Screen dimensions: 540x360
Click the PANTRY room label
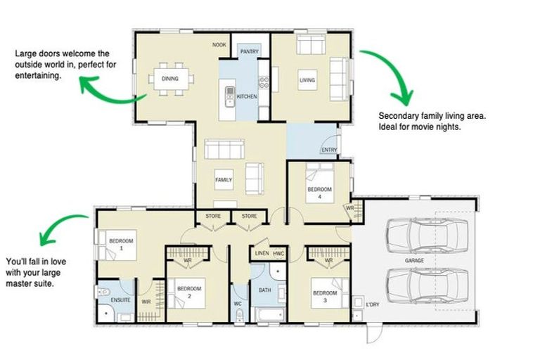250,51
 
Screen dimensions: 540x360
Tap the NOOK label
219,45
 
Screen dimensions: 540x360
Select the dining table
171,79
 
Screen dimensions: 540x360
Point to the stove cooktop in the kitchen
264,82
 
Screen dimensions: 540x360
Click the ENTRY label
329,150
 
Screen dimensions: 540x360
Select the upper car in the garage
427,236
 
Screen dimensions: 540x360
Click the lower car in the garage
427,286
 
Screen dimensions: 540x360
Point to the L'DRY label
372,304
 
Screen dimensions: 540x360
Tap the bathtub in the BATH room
270,314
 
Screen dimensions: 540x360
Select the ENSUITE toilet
103,292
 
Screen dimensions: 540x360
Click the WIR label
146,302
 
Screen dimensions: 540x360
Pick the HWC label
278,254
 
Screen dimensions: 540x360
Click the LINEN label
262,253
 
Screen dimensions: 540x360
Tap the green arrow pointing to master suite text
57,224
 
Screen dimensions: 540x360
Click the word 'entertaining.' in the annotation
38,75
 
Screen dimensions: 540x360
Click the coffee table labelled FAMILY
224,179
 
